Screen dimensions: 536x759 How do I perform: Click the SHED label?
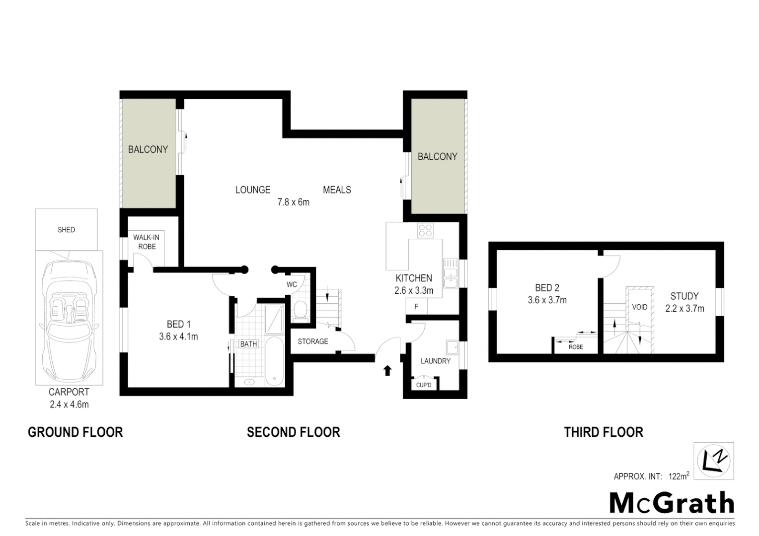66,229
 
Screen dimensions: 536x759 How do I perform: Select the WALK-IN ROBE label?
146,242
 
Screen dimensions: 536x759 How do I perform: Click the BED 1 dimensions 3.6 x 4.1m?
178,336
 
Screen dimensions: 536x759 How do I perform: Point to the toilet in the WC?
301,311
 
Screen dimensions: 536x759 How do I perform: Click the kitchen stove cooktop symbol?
425,230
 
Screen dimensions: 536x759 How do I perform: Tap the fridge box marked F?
416,307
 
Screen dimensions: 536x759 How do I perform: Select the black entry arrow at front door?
387,370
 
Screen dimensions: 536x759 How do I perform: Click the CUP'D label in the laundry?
424,385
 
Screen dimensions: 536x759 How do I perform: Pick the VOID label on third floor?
639,307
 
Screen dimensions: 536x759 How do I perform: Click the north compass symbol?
713,461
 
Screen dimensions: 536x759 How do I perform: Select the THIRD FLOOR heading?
603,432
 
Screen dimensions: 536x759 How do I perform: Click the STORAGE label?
313,341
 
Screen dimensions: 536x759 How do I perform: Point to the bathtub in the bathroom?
274,361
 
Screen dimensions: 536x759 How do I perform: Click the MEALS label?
337,190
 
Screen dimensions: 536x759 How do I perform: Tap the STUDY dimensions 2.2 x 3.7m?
684,308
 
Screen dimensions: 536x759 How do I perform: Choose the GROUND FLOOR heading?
75,432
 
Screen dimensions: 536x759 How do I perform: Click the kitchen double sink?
451,273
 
